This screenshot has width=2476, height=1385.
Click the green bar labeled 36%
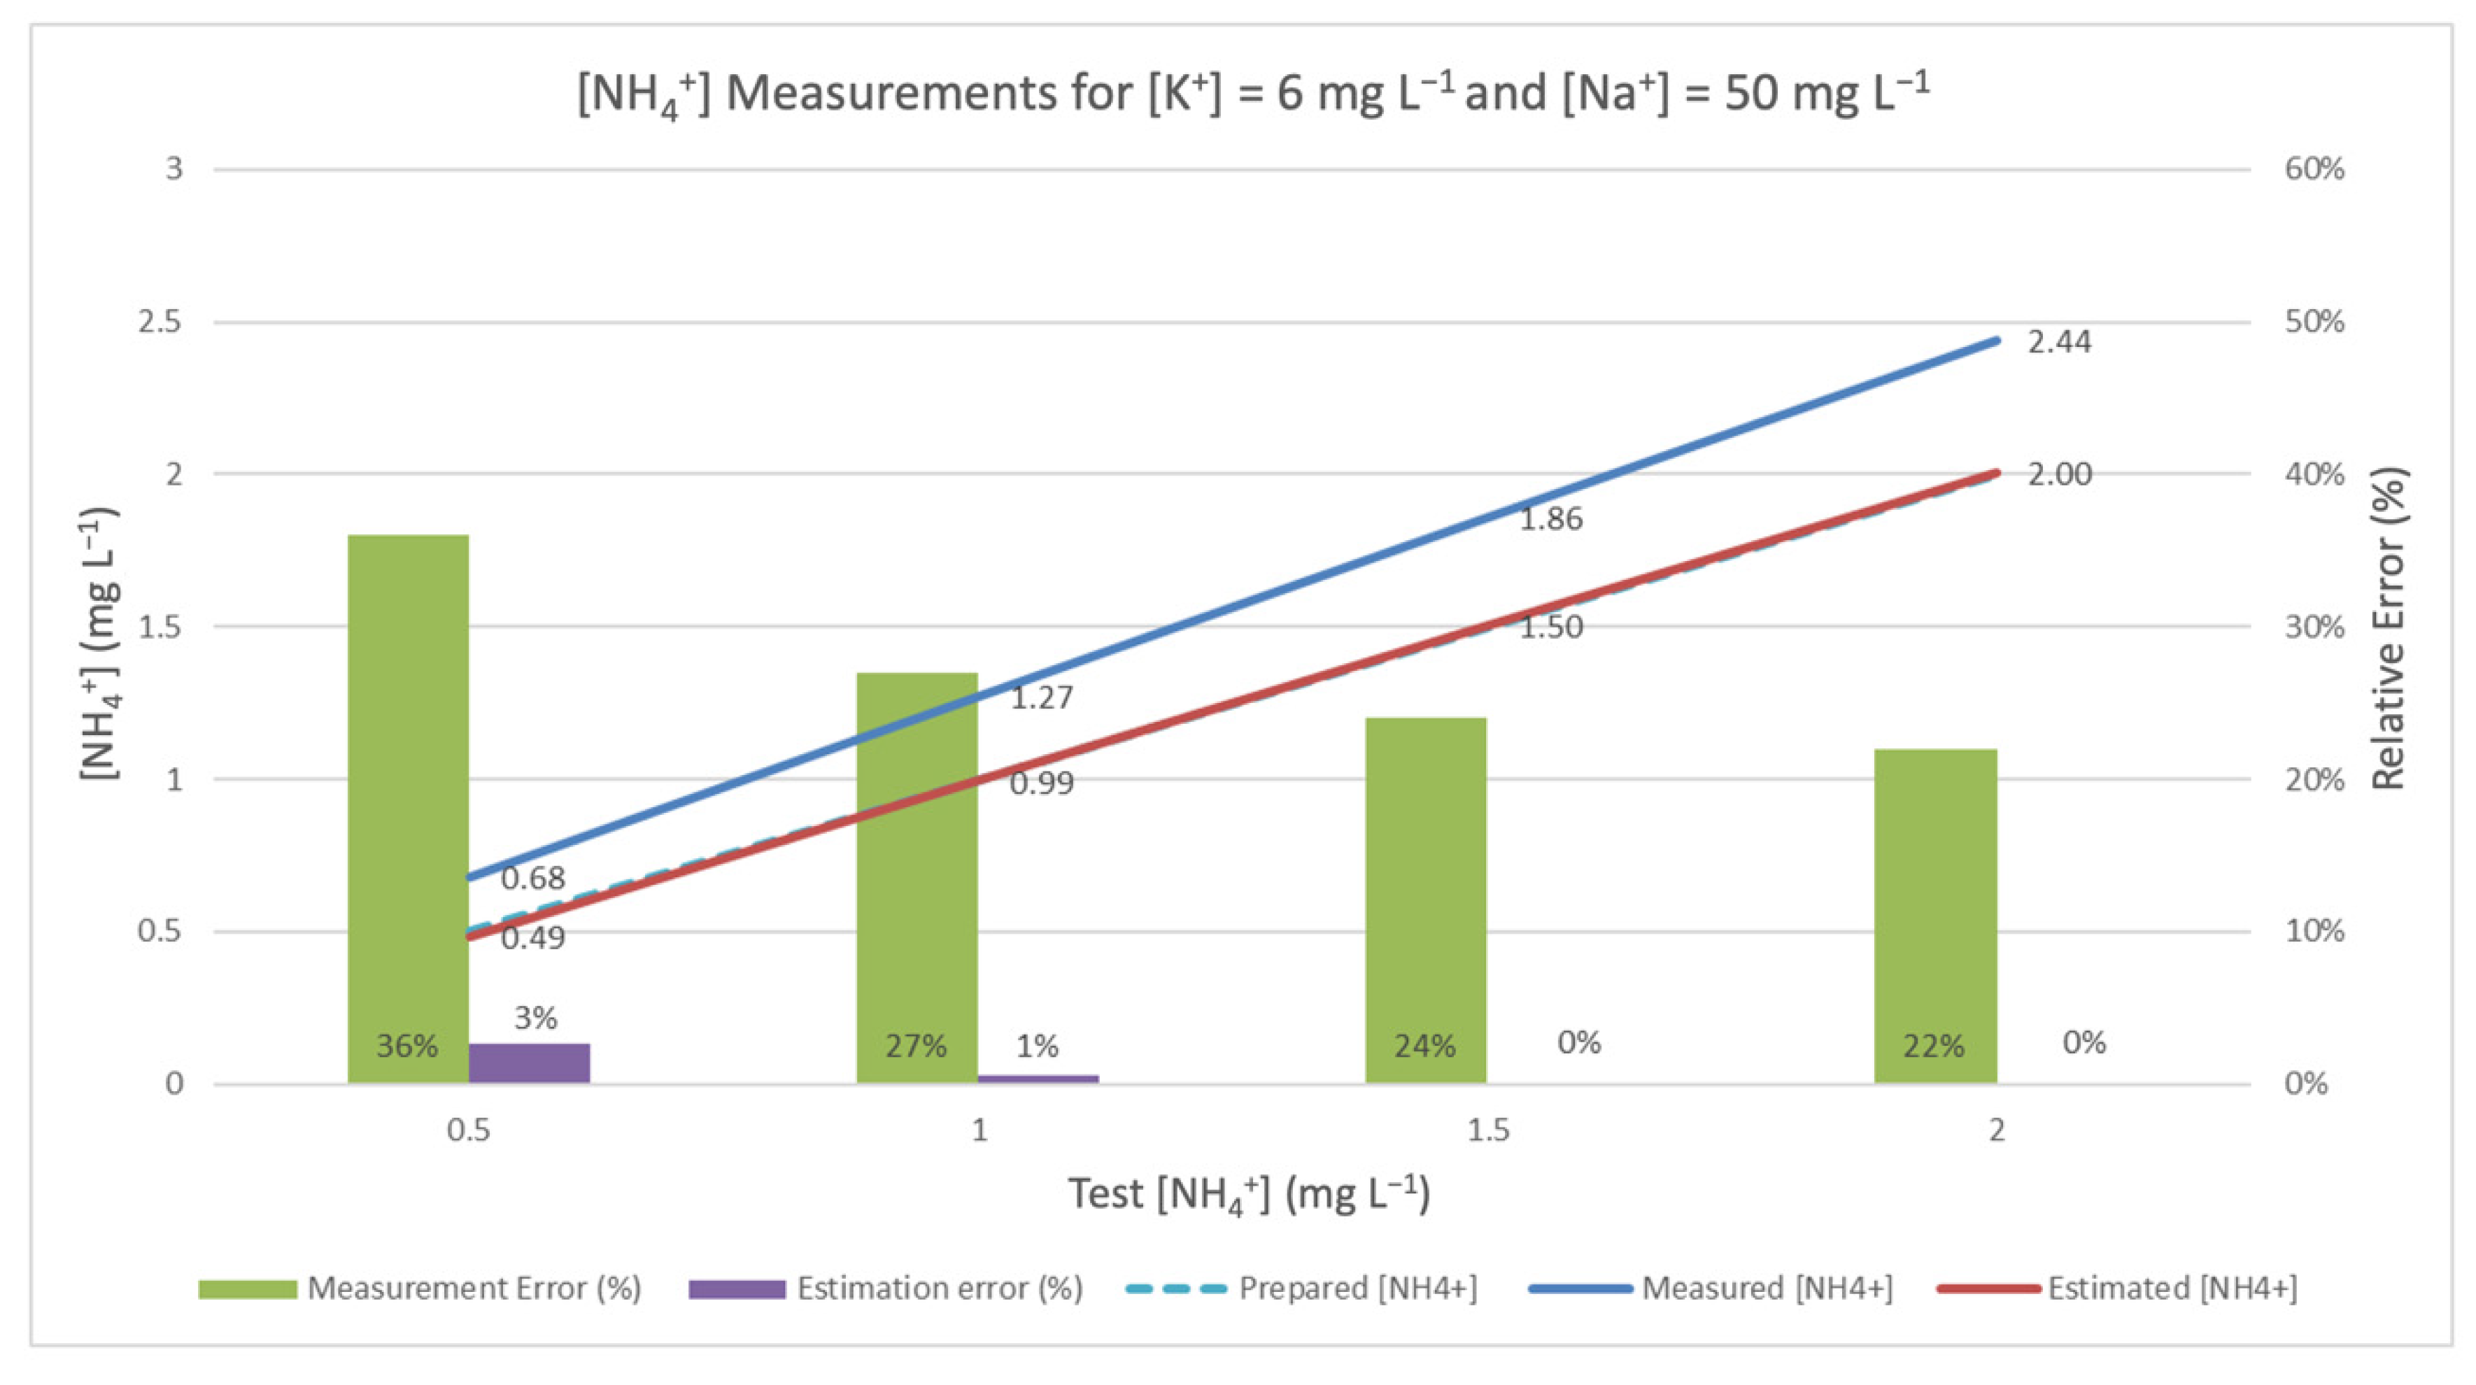tap(408, 807)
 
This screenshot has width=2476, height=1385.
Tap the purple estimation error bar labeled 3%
tap(529, 1063)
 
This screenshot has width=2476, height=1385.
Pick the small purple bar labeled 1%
tap(1038, 1079)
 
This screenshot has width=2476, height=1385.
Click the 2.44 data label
tap(2059, 342)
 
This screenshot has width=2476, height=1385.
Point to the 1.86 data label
tap(1550, 519)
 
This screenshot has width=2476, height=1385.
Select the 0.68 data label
tap(532, 878)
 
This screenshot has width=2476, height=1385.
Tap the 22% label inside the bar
tap(1934, 1046)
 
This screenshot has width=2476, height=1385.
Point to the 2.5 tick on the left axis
tap(160, 322)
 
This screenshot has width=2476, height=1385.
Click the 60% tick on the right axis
tap(2314, 169)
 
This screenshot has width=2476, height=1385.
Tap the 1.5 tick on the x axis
tap(1488, 1130)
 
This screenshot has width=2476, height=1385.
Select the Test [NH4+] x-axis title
tap(1249, 1195)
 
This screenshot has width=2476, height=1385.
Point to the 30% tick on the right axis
tap(2314, 627)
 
